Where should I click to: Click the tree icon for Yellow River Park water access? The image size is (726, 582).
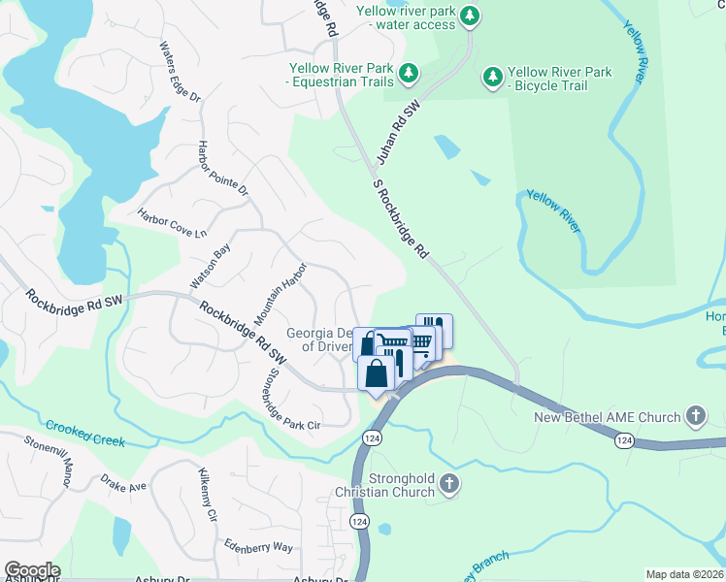(x=470, y=16)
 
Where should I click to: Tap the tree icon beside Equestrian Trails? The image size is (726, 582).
(x=409, y=73)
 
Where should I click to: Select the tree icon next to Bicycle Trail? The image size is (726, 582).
(x=493, y=76)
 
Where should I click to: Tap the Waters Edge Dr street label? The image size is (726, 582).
(x=180, y=72)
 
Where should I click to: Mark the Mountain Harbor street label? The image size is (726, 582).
(x=280, y=293)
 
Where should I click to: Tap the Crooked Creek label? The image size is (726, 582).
(x=85, y=434)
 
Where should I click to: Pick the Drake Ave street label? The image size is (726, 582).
(x=123, y=481)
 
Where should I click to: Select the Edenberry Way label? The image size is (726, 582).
(x=258, y=546)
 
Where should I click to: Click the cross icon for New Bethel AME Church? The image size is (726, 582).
(x=694, y=417)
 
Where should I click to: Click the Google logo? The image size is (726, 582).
(x=32, y=570)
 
